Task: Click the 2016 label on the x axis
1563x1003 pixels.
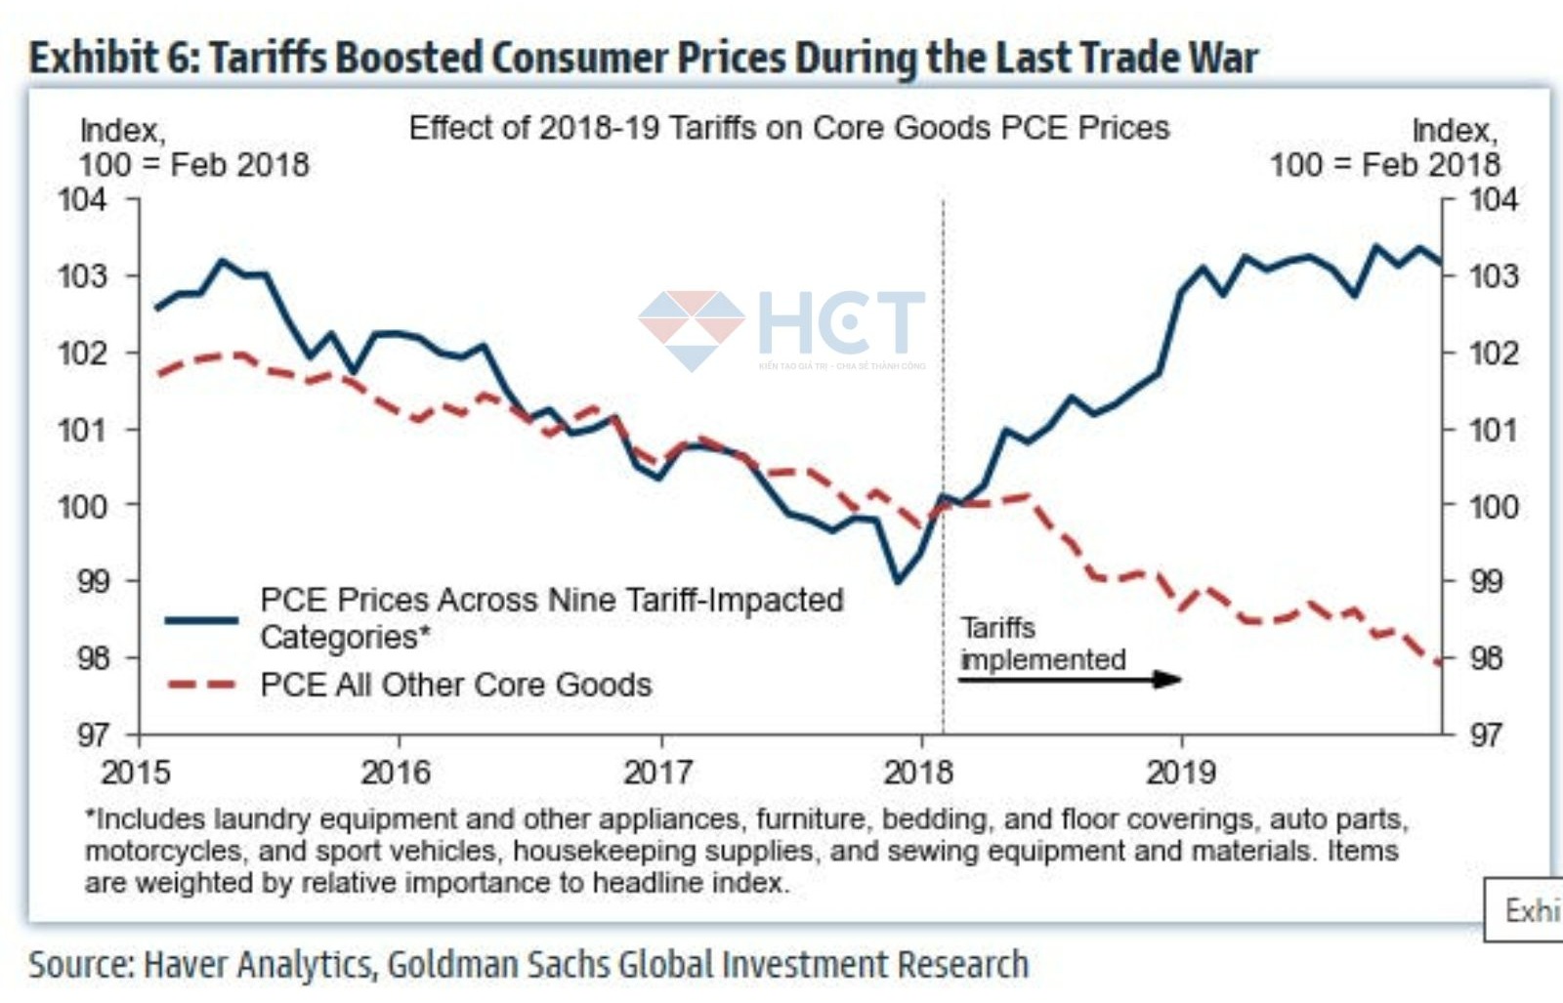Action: click(x=396, y=773)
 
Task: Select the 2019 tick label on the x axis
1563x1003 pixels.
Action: click(x=1181, y=773)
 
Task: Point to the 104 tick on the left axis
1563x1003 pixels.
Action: click(x=82, y=199)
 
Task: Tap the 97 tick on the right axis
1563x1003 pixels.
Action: click(x=1487, y=734)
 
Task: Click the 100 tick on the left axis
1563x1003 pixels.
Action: click(x=82, y=506)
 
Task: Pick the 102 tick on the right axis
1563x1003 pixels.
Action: click(x=1494, y=353)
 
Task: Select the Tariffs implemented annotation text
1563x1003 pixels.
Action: click(x=1042, y=644)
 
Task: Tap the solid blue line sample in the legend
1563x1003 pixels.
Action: click(x=201, y=619)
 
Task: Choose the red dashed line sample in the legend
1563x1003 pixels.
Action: click(x=201, y=685)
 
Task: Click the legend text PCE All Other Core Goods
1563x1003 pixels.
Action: click(x=455, y=685)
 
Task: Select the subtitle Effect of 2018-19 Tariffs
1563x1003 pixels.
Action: click(x=788, y=128)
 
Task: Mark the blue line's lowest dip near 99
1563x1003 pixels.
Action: click(x=898, y=582)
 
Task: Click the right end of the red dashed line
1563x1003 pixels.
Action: click(x=1439, y=663)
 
